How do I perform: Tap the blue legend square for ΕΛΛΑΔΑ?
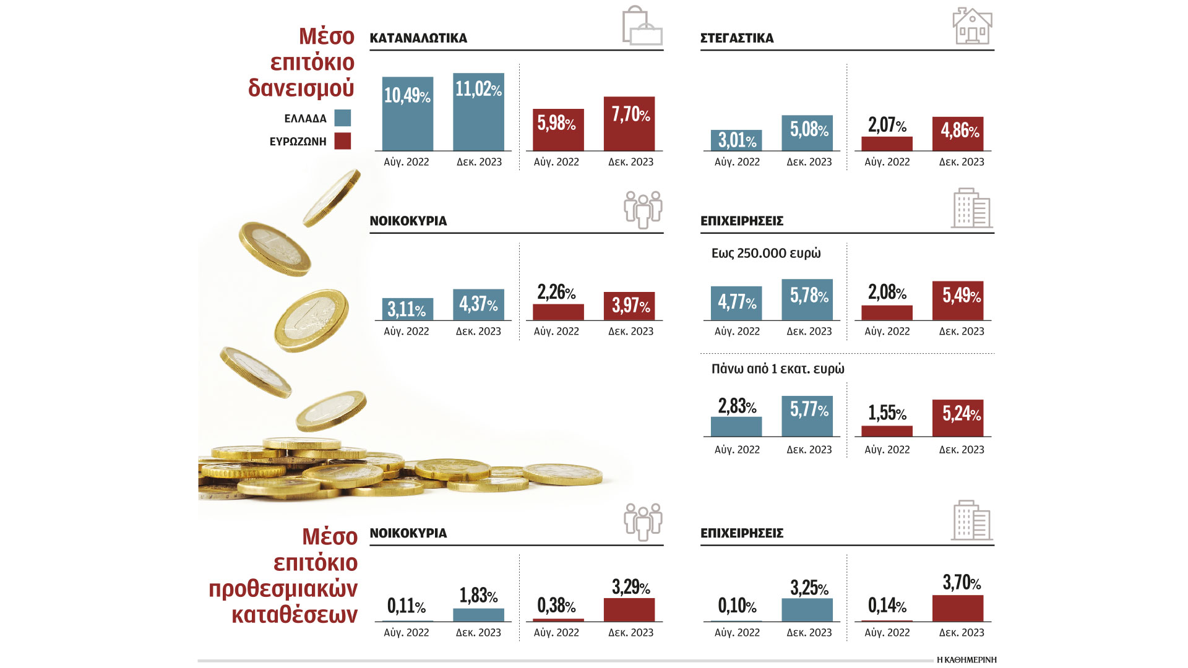click(x=342, y=118)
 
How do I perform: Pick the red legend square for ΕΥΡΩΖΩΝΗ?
click(x=342, y=141)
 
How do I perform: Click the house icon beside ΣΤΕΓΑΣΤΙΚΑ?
click(x=972, y=26)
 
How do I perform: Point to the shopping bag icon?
click(x=642, y=26)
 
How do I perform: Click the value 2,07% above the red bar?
click(x=887, y=125)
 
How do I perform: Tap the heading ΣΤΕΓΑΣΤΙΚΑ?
click(x=737, y=38)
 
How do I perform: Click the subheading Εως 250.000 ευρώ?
click(x=766, y=253)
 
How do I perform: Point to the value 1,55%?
click(x=887, y=413)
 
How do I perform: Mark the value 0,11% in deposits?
click(x=406, y=606)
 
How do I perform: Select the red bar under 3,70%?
click(x=958, y=609)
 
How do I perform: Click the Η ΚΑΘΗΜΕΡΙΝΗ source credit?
click(x=966, y=660)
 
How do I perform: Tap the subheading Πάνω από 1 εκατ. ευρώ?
click(x=778, y=369)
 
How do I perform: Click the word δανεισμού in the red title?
click(x=301, y=88)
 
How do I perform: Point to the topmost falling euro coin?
click(x=332, y=198)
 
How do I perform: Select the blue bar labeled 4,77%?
click(x=736, y=303)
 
